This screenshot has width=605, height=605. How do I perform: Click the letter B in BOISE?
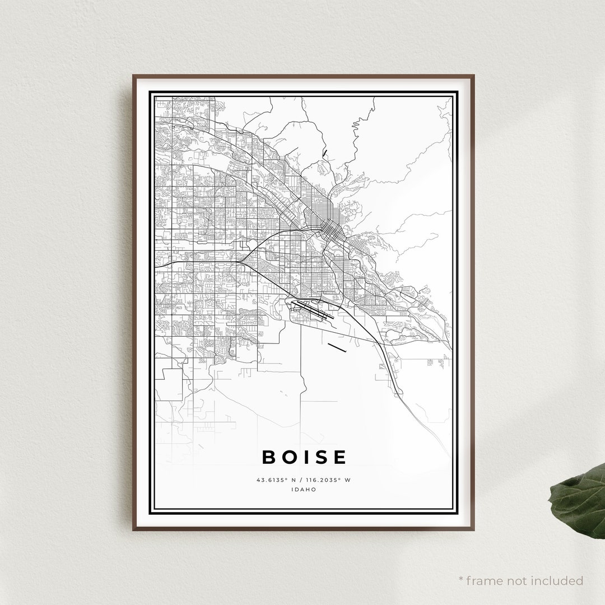[x=269, y=457]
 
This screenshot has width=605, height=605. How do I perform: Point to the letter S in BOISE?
[x=320, y=457]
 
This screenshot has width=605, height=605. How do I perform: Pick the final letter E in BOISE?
[x=339, y=457]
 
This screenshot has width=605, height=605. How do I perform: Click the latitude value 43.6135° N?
[x=276, y=480]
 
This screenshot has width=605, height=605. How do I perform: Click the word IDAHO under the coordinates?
[x=304, y=489]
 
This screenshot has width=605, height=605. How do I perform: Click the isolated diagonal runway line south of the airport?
[x=337, y=347]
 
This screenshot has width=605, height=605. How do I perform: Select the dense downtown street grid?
[x=331, y=229]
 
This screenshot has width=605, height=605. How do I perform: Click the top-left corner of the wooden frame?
[x=134, y=76]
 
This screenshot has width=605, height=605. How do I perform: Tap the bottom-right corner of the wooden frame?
[x=473, y=529]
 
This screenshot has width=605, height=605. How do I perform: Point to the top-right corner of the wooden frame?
[x=473, y=76]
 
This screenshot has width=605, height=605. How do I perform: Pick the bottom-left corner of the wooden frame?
[x=134, y=529]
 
